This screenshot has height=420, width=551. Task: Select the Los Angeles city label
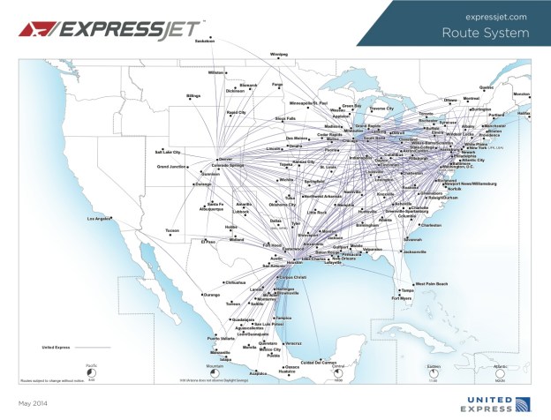tap(100, 218)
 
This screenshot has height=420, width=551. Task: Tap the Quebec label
tap(487, 87)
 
